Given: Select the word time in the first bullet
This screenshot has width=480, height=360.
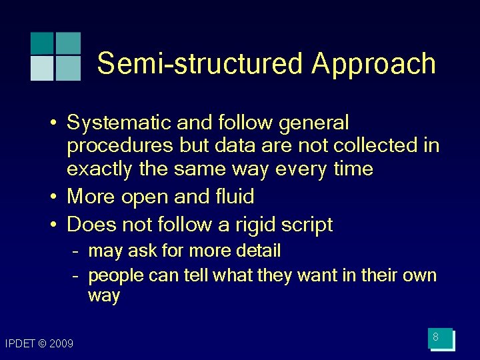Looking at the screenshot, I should click(352, 169).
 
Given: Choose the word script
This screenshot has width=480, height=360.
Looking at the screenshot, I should click(307, 225).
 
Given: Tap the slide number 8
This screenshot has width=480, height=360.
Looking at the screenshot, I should click(435, 337).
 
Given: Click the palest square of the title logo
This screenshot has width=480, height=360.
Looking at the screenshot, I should click(41, 68).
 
